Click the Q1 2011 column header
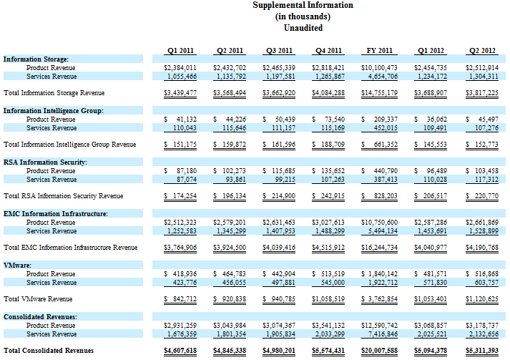(180, 51)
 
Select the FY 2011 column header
(379, 51)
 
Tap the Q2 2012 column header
(482, 51)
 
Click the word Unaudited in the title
(303, 28)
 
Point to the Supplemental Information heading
(303, 5)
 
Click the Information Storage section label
(36, 59)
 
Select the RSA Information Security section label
(45, 162)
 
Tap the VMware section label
(17, 266)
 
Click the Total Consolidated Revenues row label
(49, 351)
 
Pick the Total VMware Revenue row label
(38, 299)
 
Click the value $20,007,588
(379, 351)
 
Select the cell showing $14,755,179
(379, 93)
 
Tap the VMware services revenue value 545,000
(333, 283)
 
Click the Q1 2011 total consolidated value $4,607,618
(180, 351)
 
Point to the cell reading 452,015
(386, 128)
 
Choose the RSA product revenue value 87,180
(187, 171)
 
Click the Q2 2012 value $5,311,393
(482, 351)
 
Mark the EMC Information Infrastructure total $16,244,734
(379, 248)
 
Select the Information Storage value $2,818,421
(328, 68)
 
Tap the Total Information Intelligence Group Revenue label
(69, 145)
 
